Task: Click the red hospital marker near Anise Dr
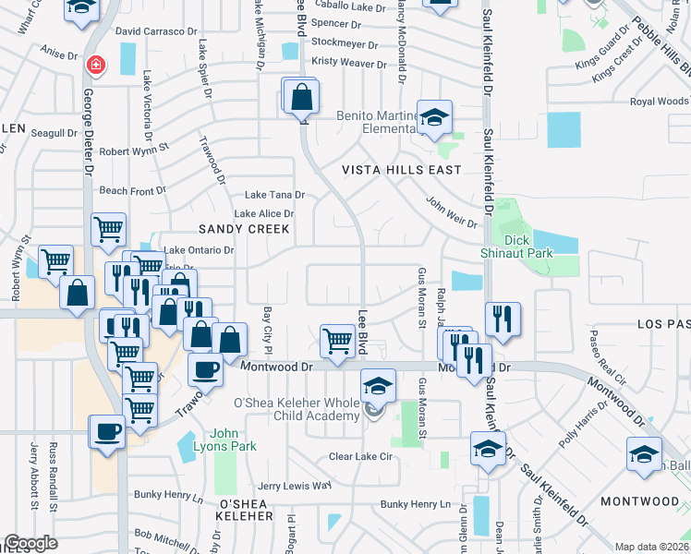pyautogui.click(x=95, y=66)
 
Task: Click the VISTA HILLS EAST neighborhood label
pyautogui.click(x=401, y=171)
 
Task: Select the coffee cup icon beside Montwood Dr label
pyautogui.click(x=205, y=369)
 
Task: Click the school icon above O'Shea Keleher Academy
pyautogui.click(x=377, y=385)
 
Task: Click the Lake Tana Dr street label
pyautogui.click(x=274, y=195)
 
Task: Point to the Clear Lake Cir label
pyautogui.click(x=361, y=456)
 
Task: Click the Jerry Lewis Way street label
pyautogui.click(x=294, y=486)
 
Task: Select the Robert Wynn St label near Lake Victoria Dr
pyautogui.click(x=135, y=149)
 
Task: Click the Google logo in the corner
pyautogui.click(x=30, y=543)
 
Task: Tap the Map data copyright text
pyautogui.click(x=651, y=547)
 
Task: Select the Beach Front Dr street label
pyautogui.click(x=132, y=190)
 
